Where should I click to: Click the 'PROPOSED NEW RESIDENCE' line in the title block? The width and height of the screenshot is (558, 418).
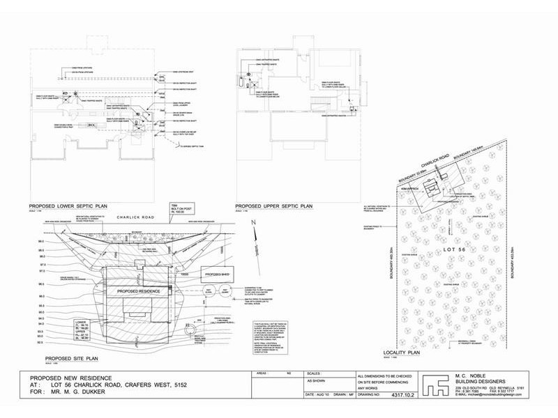73,377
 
